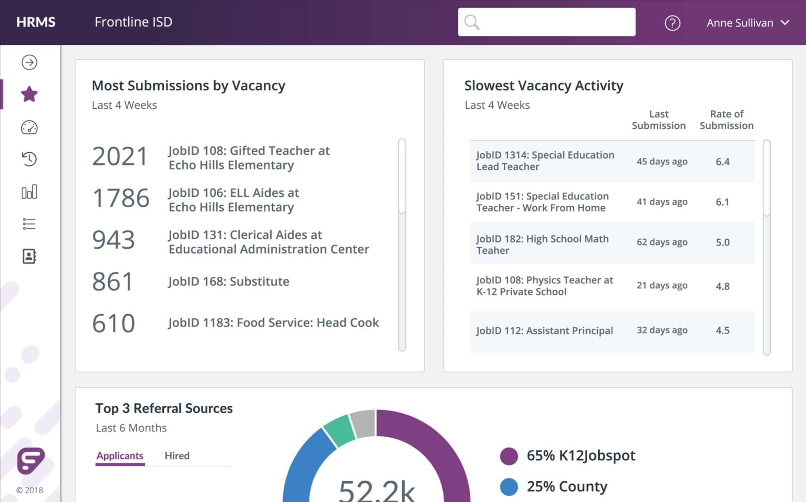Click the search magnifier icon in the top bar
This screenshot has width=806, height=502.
point(472,22)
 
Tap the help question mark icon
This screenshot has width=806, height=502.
point(672,23)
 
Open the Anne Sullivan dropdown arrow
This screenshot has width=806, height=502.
point(785,23)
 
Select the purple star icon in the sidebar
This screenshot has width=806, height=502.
point(29,94)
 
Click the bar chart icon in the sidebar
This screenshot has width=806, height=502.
point(29,192)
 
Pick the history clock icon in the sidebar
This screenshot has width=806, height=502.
point(29,159)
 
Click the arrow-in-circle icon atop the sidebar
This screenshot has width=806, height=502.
point(29,62)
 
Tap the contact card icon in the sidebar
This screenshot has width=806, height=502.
point(29,256)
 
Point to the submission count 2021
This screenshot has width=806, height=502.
point(120,156)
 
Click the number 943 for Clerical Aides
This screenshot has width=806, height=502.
point(114,240)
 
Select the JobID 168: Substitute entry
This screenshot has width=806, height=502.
point(229,281)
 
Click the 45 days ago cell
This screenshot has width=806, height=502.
point(662,161)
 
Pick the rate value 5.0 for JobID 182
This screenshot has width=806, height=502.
point(723,242)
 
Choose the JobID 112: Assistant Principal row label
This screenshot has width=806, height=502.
point(545,331)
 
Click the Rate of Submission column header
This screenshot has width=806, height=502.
point(726,120)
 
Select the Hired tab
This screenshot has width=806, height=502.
point(177,456)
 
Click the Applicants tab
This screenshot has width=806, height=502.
point(120,456)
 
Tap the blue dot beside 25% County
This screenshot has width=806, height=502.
point(509,487)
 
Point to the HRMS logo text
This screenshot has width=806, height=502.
point(36,22)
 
